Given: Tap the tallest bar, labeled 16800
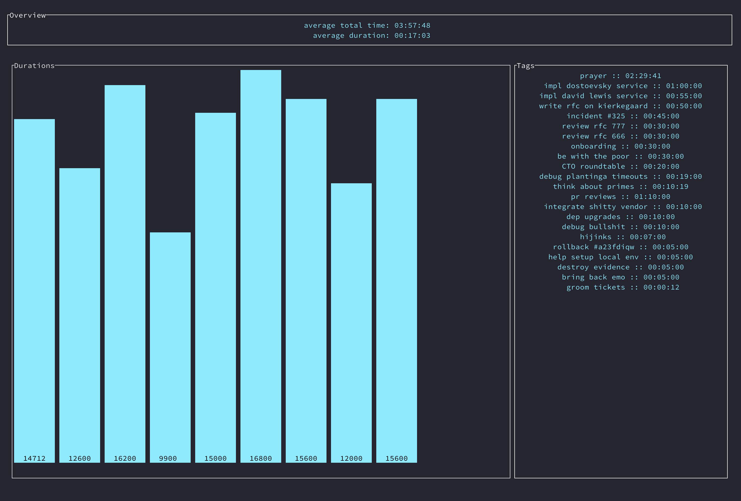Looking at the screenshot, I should (x=261, y=265).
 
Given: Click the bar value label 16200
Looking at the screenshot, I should (x=125, y=458).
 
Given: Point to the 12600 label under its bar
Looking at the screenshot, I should (x=80, y=458).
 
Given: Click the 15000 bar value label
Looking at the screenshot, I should (x=216, y=458).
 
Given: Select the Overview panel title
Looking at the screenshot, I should (x=28, y=15).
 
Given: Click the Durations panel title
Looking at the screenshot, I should (x=34, y=66).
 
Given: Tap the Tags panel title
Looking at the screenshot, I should (x=525, y=66).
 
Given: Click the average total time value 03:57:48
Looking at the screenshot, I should (x=412, y=25).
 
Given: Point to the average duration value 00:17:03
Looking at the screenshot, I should (x=412, y=35).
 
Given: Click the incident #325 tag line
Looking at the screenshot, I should (x=623, y=116).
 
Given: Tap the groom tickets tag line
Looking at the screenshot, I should (x=623, y=287).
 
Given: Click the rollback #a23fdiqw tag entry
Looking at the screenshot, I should (x=621, y=247).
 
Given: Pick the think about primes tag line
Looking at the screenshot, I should (x=621, y=187).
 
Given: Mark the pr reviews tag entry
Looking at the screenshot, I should (x=621, y=197).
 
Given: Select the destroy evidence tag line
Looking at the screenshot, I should (x=621, y=267).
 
